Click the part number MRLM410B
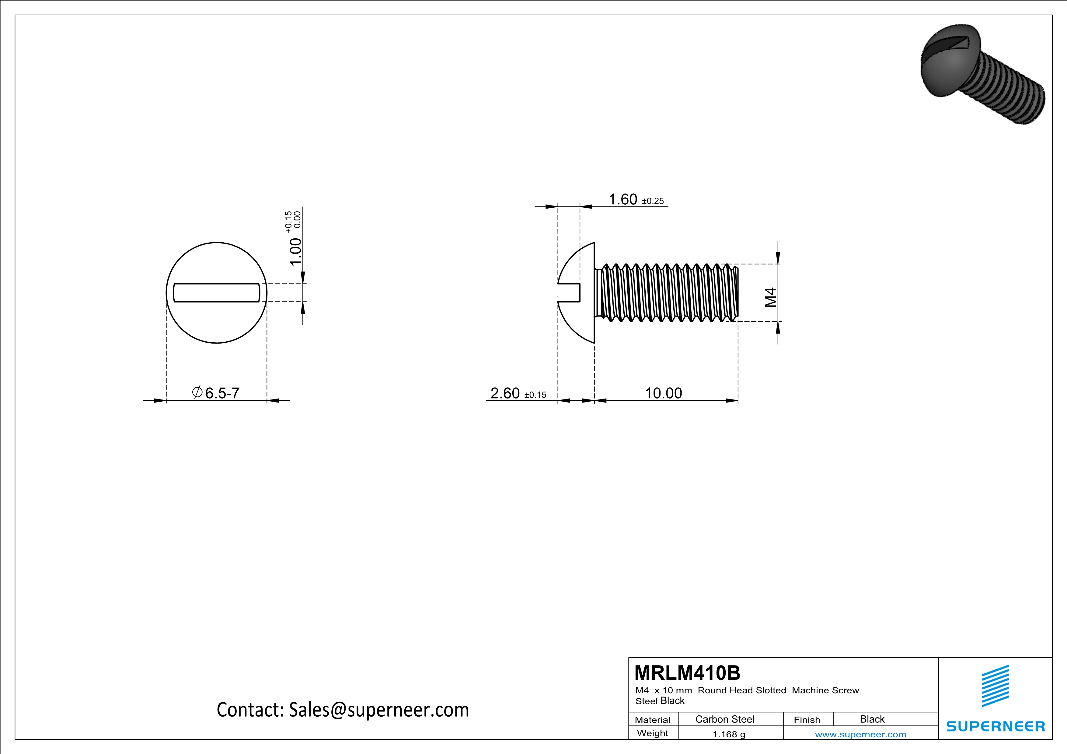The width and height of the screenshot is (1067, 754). coord(687,673)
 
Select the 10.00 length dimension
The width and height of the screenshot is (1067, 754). coord(663,393)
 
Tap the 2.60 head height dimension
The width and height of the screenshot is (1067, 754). coord(505,393)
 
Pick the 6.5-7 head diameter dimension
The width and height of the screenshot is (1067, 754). coord(222,393)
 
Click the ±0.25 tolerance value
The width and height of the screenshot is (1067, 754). coord(653,201)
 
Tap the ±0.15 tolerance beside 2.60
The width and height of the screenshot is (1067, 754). coord(535,395)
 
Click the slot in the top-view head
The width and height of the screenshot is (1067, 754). coord(217,292)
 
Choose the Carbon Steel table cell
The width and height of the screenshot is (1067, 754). coord(724,719)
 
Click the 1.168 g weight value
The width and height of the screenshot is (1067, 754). coord(729,734)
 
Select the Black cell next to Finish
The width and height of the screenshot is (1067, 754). coord(872,719)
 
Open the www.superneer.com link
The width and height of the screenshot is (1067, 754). coord(860,734)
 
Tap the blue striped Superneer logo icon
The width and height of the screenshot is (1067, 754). coord(995,686)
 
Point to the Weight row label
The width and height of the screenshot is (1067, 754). coord(653,733)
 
